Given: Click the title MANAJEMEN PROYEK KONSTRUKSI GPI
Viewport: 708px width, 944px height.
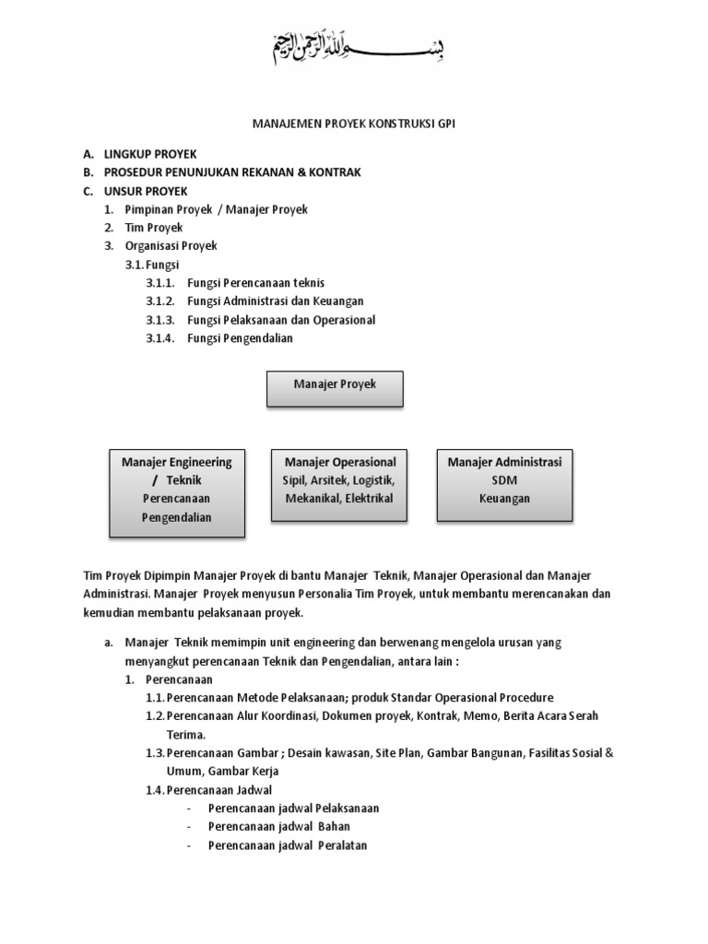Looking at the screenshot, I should click(353, 124).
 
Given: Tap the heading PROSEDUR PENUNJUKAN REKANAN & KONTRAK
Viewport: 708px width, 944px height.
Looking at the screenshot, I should click(232, 172).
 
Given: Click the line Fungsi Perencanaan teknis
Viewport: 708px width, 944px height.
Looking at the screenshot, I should click(255, 283).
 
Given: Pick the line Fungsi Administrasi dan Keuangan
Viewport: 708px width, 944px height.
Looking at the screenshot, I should click(276, 301).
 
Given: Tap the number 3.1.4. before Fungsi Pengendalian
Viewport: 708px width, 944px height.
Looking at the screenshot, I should click(160, 338).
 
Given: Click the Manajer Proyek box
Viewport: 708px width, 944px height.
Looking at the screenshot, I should click(335, 387).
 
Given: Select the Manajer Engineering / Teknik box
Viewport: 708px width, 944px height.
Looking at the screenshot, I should click(177, 493).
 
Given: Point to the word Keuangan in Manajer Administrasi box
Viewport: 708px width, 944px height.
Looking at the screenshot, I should click(504, 499).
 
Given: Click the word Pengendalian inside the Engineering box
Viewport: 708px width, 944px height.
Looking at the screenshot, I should click(176, 517).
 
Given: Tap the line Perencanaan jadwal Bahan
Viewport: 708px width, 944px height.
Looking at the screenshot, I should click(279, 827).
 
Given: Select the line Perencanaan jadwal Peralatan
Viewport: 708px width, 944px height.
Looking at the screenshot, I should click(288, 845).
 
